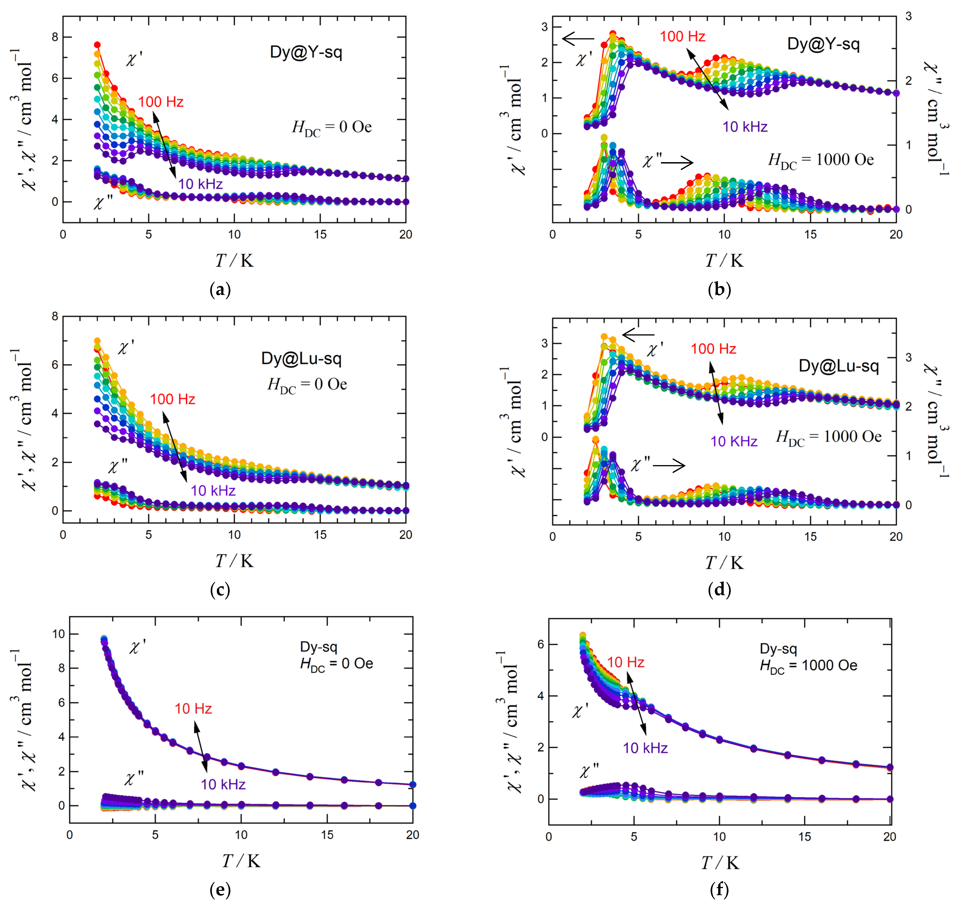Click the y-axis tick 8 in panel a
[x=55, y=37]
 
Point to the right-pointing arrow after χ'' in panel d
[x=669, y=466]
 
